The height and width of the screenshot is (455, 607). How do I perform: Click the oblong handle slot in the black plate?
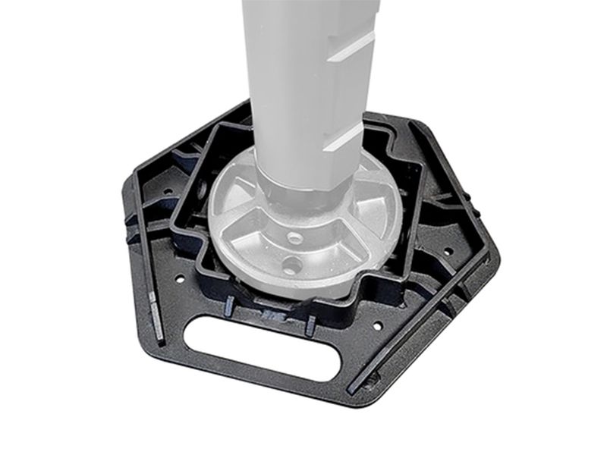263,347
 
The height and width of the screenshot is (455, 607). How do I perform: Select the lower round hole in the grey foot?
292,265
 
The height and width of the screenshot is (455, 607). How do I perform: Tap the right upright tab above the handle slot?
310,324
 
